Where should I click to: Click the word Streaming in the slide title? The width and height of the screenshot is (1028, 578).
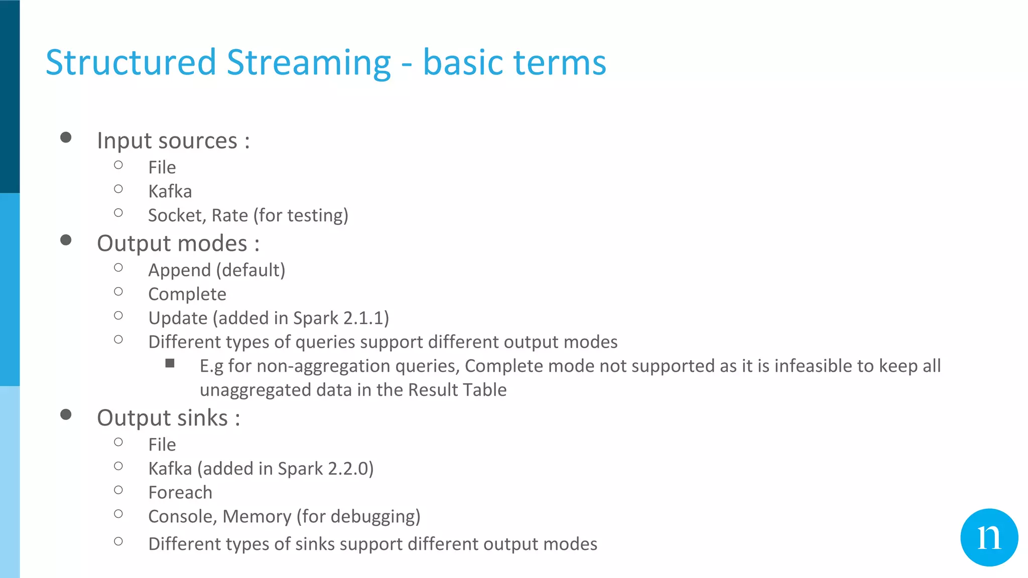(308, 63)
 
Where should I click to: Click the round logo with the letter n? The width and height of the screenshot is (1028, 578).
(989, 537)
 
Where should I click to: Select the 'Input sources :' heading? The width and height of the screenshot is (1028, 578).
(173, 140)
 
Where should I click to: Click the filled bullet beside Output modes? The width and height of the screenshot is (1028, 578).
(66, 240)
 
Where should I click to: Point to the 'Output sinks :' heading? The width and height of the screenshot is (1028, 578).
(168, 418)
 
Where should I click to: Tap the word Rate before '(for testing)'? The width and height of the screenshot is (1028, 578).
(230, 216)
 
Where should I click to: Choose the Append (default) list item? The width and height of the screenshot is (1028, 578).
(216, 270)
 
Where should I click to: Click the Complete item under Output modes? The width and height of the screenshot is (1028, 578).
(187, 295)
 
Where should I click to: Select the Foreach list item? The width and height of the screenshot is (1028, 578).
(180, 493)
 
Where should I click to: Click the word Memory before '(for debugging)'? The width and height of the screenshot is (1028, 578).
(256, 517)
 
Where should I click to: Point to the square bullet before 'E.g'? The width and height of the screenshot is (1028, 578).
(170, 363)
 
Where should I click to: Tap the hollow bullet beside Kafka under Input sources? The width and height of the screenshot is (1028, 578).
(118, 189)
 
